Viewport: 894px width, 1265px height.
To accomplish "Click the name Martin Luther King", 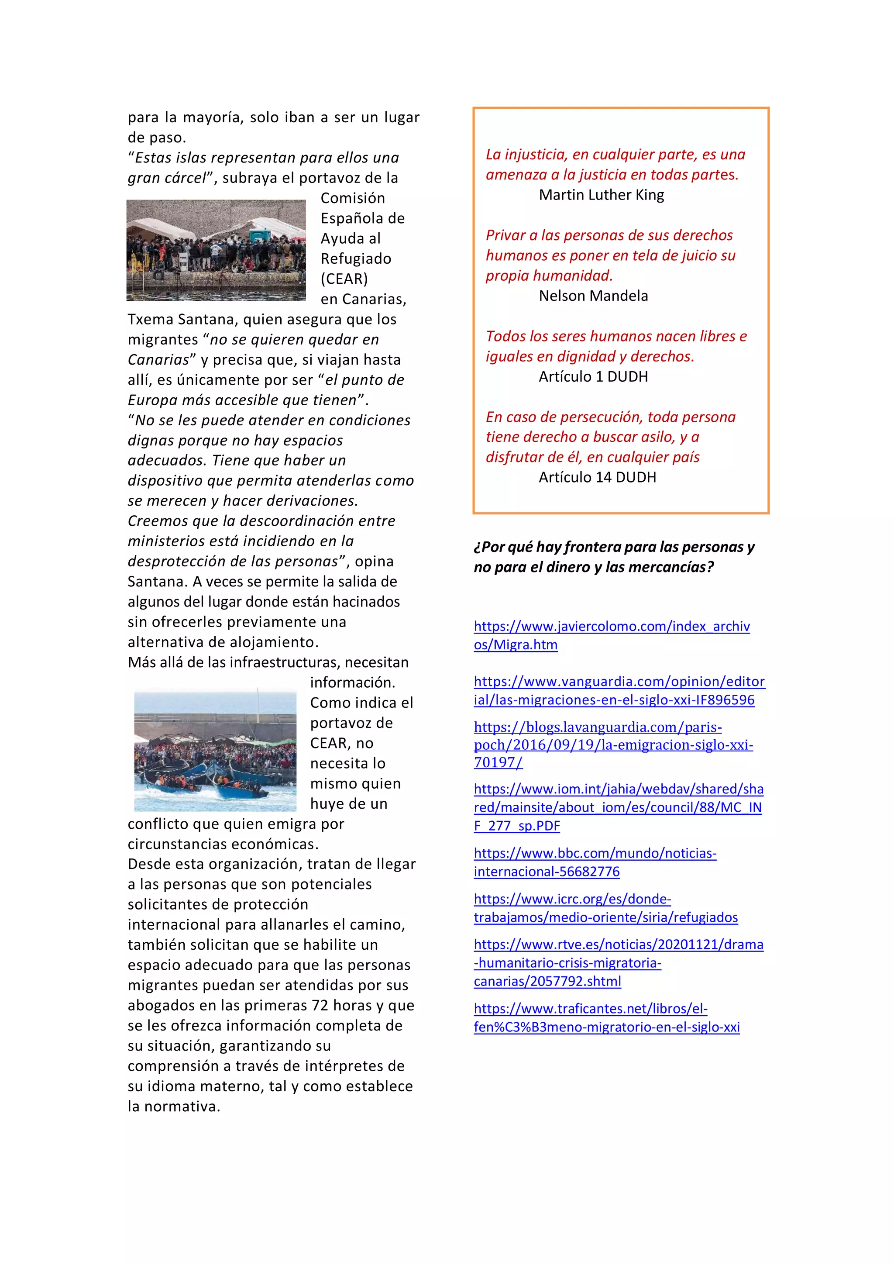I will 601,195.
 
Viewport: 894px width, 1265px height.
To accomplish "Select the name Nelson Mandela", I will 593,296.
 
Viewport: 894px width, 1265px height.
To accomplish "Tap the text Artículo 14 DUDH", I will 597,477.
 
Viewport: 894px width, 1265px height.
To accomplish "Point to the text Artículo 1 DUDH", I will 593,377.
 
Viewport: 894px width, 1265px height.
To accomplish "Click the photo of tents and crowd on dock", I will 216,250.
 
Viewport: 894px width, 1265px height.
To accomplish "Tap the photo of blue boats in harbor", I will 215,751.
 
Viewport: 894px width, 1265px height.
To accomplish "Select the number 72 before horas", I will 320,1006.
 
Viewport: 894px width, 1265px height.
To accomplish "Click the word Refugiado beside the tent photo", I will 356,259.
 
